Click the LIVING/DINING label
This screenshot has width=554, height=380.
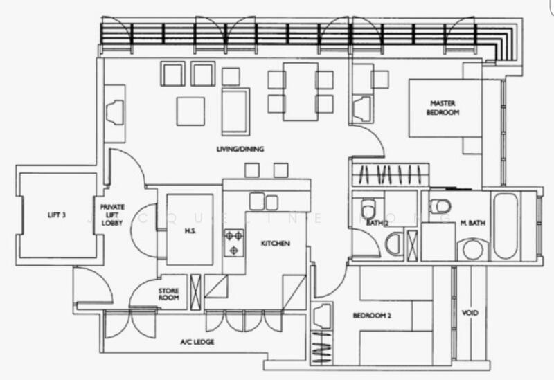pos(239,149)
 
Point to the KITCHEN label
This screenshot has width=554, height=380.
pos(274,244)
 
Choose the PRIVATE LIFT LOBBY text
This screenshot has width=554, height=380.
pos(112,215)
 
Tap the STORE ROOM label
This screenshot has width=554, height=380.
pos(170,295)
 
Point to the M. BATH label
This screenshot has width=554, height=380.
pos(471,222)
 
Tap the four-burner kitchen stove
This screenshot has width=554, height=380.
pos(234,243)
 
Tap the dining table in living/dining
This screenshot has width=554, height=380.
pos(301,91)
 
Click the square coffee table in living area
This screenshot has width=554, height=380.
pos(190,111)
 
